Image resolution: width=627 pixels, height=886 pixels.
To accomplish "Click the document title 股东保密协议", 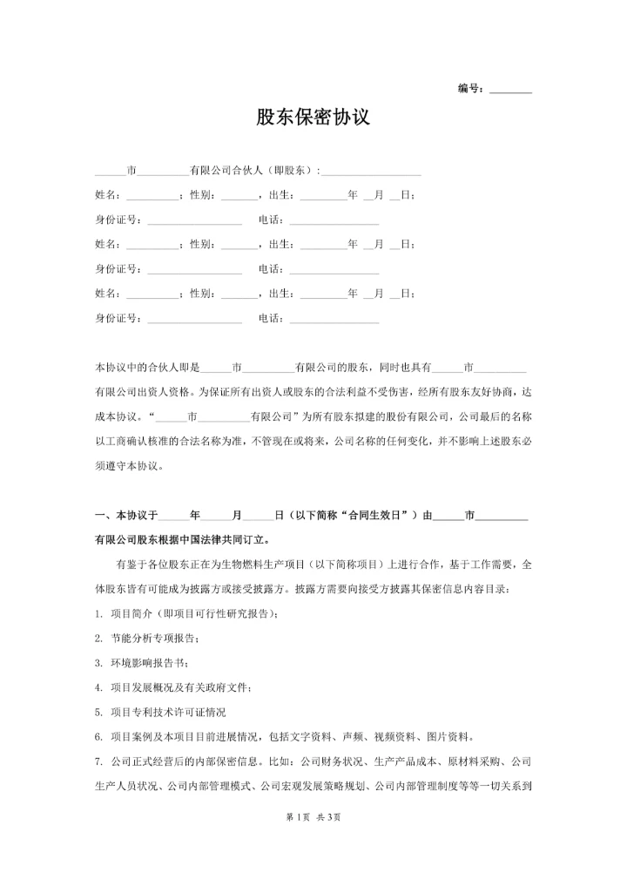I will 313,118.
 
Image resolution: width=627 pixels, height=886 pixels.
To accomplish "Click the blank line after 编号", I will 510,91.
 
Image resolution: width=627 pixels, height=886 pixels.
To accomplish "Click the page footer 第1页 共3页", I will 313,816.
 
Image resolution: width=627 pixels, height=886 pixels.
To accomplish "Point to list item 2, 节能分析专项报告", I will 152,639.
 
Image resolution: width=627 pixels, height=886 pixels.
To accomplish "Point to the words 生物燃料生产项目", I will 257,565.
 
